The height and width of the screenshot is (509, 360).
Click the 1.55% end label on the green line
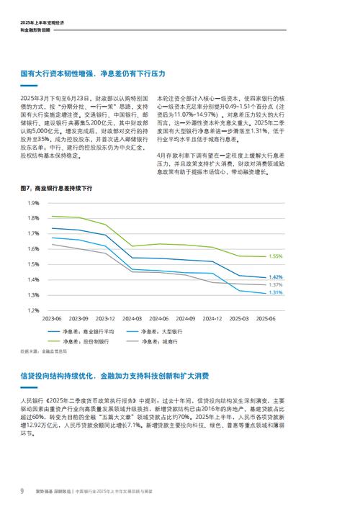(x=275, y=256)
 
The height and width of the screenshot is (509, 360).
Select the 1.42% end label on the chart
(x=275, y=277)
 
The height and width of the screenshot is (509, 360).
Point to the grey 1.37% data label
(x=275, y=285)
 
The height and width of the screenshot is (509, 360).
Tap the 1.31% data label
(x=275, y=293)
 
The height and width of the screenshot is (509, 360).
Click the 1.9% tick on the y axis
(x=33, y=203)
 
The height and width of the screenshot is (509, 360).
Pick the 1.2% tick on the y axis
(x=33, y=310)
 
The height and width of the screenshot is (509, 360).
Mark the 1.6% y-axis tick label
(x=33, y=249)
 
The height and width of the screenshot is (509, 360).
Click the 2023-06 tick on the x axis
(x=52, y=318)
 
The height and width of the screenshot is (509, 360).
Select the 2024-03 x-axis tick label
(x=132, y=318)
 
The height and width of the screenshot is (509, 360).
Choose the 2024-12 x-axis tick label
(x=212, y=318)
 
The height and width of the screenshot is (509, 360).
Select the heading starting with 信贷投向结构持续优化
(x=115, y=377)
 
